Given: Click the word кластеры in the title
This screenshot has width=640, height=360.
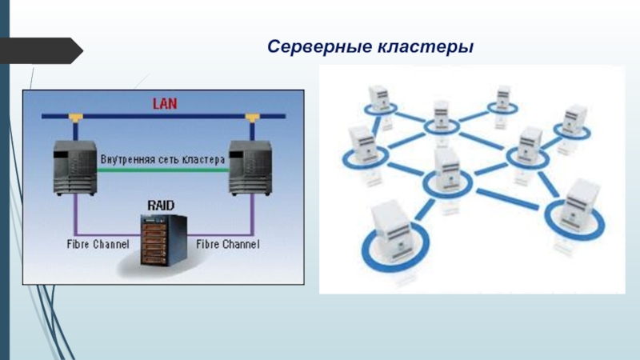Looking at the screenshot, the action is point(426,47).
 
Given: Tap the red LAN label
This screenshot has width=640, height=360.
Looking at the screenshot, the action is point(165,104).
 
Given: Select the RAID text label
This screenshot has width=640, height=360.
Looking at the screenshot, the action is point(161,206).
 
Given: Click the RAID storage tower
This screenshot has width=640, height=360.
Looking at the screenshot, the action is point(164,240).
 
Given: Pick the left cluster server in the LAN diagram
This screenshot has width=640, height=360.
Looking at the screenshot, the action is point(75,168).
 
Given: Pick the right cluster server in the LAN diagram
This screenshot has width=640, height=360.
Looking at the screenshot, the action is point(250,168).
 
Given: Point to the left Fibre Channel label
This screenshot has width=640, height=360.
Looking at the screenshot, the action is point(98,244).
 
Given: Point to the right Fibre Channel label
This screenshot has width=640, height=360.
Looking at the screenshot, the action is point(228,244).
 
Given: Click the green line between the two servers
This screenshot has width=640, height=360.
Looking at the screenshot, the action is point(163,170).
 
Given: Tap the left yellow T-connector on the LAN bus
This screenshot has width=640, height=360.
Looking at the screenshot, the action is point(75,118).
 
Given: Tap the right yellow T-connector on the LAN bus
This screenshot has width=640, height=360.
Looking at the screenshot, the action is point(252,118).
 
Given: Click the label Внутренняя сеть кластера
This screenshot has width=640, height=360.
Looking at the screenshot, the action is point(163,159).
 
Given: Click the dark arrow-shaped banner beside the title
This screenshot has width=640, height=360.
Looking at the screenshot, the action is point(41,50).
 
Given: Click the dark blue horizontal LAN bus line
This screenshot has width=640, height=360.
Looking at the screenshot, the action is point(163,116).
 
